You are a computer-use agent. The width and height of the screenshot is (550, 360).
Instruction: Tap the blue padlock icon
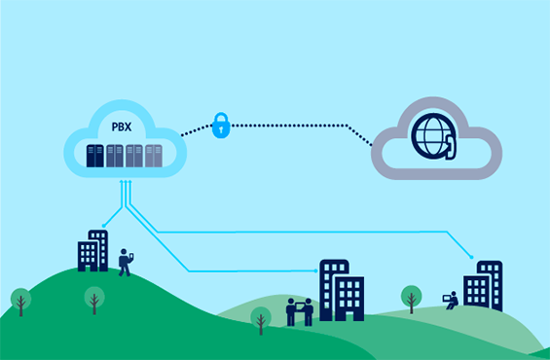pyautogui.click(x=221, y=126)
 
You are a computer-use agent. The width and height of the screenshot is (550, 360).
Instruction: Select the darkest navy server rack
pyautogui.click(x=94, y=156)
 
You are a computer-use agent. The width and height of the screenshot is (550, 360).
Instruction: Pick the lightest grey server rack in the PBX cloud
pyautogui.click(x=153, y=156)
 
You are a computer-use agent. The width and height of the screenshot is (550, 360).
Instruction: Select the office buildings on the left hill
pyautogui.click(x=93, y=251)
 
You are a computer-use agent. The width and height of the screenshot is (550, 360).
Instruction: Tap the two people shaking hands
pyautogui.click(x=299, y=311)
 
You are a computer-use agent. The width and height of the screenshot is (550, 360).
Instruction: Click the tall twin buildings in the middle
pyautogui.click(x=341, y=289)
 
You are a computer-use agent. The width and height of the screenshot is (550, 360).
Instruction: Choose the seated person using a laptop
pyautogui.click(x=451, y=301)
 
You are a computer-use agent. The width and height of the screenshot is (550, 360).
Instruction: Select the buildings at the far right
pyautogui.click(x=483, y=285)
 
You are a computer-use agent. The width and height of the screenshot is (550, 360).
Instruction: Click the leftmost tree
pyautogui.click(x=20, y=301)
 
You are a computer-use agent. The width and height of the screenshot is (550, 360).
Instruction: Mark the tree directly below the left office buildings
pyautogui.click(x=94, y=299)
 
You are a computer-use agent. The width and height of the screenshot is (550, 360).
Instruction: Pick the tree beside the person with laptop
pyautogui.click(x=412, y=298)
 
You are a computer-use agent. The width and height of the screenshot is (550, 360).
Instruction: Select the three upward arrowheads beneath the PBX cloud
pyautogui.click(x=125, y=183)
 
